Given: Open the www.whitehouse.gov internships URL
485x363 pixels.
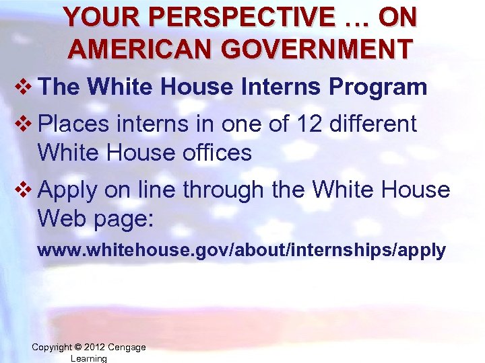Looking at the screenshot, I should pos(241,251).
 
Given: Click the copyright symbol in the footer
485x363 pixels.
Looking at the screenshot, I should pos(79,348).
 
